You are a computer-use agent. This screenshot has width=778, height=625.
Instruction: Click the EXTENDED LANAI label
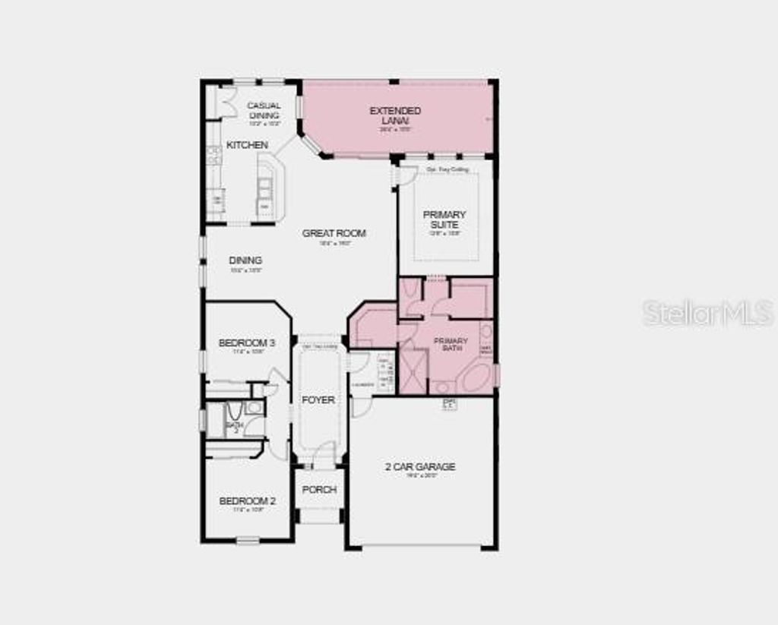pyautogui.click(x=395, y=115)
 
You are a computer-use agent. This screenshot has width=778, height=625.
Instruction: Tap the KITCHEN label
pyautogui.click(x=247, y=144)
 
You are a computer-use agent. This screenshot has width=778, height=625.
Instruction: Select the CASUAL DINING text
pyautogui.click(x=264, y=110)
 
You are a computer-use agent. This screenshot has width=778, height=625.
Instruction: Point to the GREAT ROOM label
pyautogui.click(x=334, y=233)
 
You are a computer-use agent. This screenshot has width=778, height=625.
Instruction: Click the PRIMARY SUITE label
pyautogui.click(x=444, y=219)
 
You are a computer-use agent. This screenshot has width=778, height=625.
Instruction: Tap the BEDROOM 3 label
pyautogui.click(x=246, y=343)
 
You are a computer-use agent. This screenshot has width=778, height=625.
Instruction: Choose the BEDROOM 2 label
pyautogui.click(x=247, y=501)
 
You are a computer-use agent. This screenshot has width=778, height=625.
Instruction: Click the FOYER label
pyautogui.click(x=318, y=399)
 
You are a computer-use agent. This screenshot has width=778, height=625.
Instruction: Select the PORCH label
pyautogui.click(x=319, y=490)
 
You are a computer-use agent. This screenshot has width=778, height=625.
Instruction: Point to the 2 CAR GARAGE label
pyautogui.click(x=420, y=467)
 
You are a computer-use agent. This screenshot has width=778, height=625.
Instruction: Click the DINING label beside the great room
pyautogui.click(x=245, y=260)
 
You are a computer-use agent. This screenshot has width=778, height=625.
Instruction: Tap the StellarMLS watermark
pyautogui.click(x=707, y=313)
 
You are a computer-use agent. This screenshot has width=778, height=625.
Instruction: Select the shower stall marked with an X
pyautogui.click(x=414, y=372)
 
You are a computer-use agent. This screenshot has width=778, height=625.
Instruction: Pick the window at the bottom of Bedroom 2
pyautogui.click(x=248, y=541)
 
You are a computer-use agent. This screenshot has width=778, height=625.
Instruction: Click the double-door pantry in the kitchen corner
pyautogui.click(x=226, y=102)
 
